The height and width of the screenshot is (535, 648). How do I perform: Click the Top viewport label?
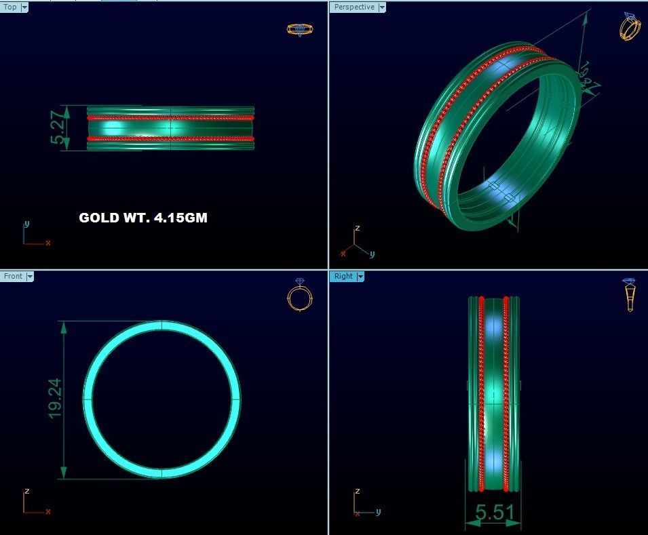click(10, 7)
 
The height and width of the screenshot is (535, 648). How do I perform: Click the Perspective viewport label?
click(354, 7)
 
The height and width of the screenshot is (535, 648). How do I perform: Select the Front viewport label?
click(12, 276)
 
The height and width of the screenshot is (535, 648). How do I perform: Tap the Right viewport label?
click(343, 276)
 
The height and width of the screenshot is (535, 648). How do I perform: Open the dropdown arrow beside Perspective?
click(382, 7)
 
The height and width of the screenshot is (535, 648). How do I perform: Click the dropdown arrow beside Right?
click(360, 276)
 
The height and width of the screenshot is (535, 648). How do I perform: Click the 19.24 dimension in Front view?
click(55, 398)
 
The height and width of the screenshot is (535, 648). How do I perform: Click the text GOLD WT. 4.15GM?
click(142, 218)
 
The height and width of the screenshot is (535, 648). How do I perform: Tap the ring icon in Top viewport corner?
click(299, 29)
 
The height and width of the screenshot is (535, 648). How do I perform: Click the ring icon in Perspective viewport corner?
click(629, 27)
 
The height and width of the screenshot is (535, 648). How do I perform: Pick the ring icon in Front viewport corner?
click(299, 295)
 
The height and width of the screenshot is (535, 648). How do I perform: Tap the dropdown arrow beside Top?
click(24, 7)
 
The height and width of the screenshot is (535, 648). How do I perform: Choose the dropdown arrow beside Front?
click(29, 276)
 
